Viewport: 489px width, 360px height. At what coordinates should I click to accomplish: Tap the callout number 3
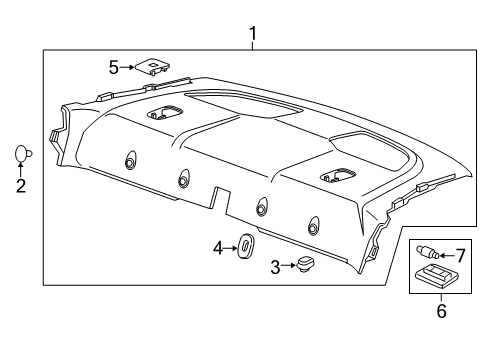point(275,268)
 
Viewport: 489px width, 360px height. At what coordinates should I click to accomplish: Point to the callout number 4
point(216,247)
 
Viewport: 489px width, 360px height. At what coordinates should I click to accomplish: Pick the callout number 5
point(114,68)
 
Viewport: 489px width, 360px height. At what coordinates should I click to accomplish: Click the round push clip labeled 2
point(22,153)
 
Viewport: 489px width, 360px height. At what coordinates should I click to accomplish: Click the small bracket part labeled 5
point(152,68)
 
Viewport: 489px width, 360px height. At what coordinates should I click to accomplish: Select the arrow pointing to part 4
point(228,247)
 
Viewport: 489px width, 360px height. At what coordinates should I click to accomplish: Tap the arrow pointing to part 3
point(286,267)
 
